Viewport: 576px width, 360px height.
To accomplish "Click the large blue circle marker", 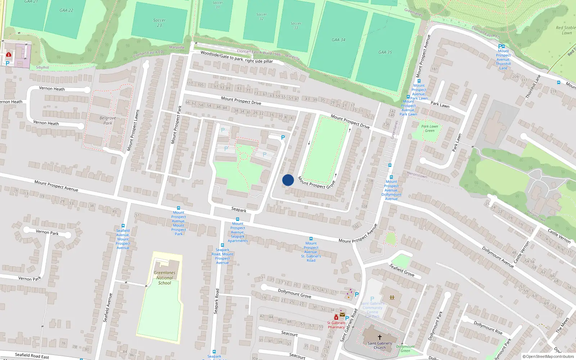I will (288, 180).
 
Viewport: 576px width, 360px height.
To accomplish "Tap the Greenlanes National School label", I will (165, 278).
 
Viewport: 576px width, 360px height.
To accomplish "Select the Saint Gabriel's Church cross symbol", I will (379, 337).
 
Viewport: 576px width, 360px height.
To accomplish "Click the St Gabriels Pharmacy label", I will (336, 325).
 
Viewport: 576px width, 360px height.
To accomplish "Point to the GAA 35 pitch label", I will (385, 52).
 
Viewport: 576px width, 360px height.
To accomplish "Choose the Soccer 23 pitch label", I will (159, 23).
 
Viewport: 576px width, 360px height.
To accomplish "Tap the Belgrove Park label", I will (108, 120).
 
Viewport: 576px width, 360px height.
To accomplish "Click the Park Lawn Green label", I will (429, 129).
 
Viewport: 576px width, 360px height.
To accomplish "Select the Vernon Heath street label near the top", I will (52, 89).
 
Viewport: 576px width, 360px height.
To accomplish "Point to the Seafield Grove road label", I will (402, 270).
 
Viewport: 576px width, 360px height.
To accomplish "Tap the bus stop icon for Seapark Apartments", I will (237, 219).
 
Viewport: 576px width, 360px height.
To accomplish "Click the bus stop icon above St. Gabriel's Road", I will (311, 239).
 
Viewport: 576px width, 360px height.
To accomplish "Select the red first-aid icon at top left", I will (9, 55).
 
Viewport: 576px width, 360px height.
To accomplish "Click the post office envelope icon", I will (342, 314).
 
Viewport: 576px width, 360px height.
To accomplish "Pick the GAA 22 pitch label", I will (66, 10).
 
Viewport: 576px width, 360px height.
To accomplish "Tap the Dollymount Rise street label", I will (488, 328).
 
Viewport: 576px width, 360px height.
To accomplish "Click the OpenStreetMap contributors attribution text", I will (549, 356).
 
